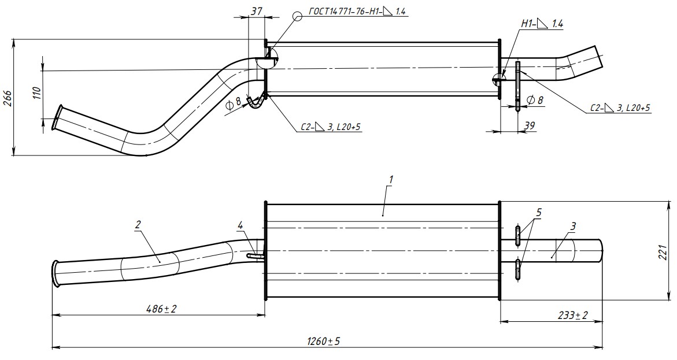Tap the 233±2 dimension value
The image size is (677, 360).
tap(572, 315)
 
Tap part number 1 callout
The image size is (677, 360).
tap(391, 180)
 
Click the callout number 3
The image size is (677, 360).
tap(572, 226)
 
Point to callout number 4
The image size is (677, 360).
tap(241, 224)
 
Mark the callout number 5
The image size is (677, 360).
tap(539, 213)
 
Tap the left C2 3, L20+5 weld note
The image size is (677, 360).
tap(331, 127)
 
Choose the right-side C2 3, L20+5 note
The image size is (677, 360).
tap(620, 107)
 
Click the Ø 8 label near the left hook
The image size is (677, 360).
tap(234, 103)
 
